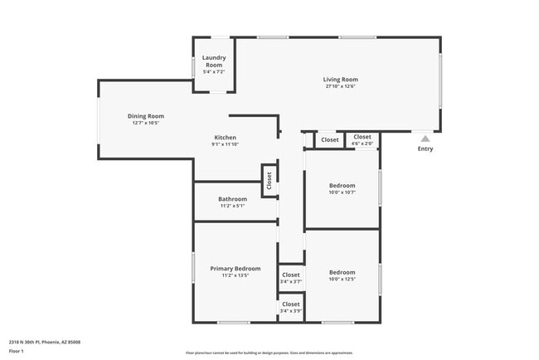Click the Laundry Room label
pyautogui.click(x=214, y=61)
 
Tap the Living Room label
pyautogui.click(x=340, y=80)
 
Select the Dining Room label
pyautogui.click(x=145, y=116)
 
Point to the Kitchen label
pyautogui.click(x=226, y=138)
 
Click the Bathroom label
pyautogui.click(x=232, y=199)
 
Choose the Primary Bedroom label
pyautogui.click(x=235, y=269)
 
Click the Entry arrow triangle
pyautogui.click(x=425, y=139)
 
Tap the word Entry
pyautogui.click(x=425, y=149)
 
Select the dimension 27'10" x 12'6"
pyautogui.click(x=340, y=86)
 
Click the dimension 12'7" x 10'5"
pyautogui.click(x=145, y=123)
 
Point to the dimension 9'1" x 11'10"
pyautogui.click(x=226, y=144)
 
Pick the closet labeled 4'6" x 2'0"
pyautogui.click(x=362, y=140)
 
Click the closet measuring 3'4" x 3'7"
pyautogui.click(x=290, y=278)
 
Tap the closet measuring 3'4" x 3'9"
pyautogui.click(x=290, y=308)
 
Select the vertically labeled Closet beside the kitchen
pyautogui.click(x=269, y=180)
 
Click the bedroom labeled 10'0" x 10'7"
pyautogui.click(x=342, y=189)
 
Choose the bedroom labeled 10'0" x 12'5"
pyautogui.click(x=342, y=275)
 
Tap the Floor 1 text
pyautogui.click(x=17, y=351)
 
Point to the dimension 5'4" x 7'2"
pyautogui.click(x=214, y=72)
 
